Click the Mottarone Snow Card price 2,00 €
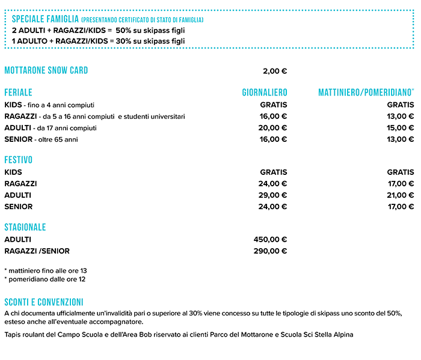[x=275, y=71]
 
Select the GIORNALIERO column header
[x=265, y=93]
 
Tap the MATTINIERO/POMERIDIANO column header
[x=366, y=93]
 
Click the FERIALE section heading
[x=19, y=93]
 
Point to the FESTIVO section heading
[x=19, y=160]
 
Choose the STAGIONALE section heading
[x=25, y=227]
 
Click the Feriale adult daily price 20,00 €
[x=272, y=128]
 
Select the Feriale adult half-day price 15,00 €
[x=401, y=128]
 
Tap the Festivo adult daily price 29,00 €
[x=272, y=195]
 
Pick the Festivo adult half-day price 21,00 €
[x=401, y=195]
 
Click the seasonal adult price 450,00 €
[x=271, y=239]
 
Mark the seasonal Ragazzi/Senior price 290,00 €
[x=271, y=251]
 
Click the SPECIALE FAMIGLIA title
[x=45, y=20]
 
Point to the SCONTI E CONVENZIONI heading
[x=43, y=302]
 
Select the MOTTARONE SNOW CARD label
[x=46, y=70]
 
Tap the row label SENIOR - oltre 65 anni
[x=41, y=139]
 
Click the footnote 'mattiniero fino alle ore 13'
[x=46, y=270]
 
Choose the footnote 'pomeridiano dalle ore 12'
[x=45, y=279]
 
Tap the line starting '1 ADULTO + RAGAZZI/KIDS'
[x=99, y=41]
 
